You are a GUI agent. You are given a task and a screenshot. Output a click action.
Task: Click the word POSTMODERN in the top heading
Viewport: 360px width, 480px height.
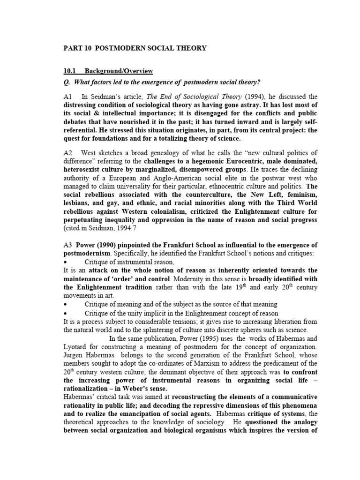point(122,48)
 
